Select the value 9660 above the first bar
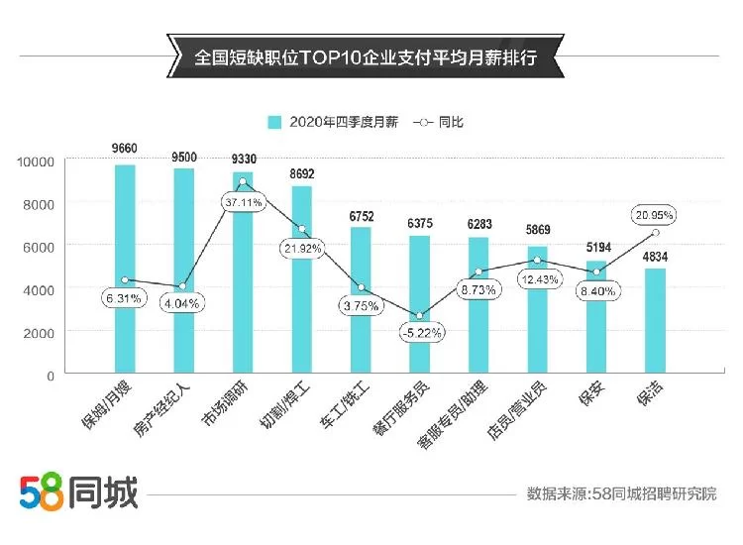pos(125,150)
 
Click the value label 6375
pos(419,223)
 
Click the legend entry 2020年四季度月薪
pos(329,122)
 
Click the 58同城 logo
pos(79,490)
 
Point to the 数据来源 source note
pos(621,492)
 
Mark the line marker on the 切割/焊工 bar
pos(301,229)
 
